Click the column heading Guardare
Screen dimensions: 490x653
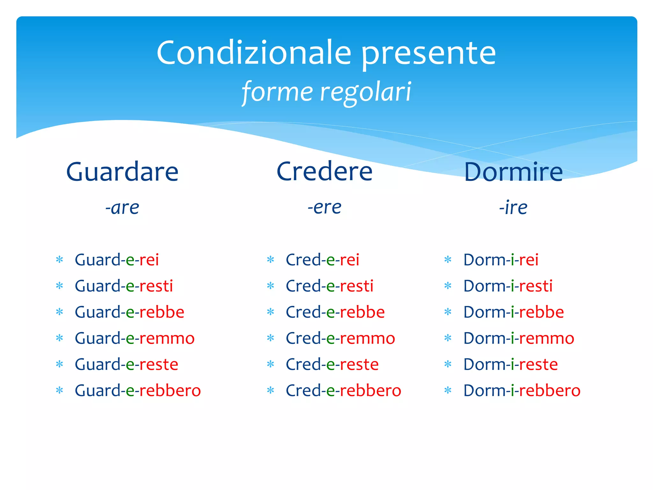122,172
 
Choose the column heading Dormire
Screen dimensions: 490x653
513,172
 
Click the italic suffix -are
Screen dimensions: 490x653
122,208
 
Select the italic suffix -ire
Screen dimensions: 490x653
513,208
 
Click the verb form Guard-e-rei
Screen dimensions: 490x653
117,260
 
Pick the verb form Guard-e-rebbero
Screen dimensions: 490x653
138,390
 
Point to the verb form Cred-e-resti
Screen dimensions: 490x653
329,286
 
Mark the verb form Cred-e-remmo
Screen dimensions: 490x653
340,338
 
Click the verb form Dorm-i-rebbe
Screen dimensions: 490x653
513,312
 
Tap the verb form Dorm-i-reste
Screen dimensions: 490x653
510,364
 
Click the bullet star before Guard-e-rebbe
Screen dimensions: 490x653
60,312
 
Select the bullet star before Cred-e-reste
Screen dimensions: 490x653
271,364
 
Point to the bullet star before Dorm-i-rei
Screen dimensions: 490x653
448,259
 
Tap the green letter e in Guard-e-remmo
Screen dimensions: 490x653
130,338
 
